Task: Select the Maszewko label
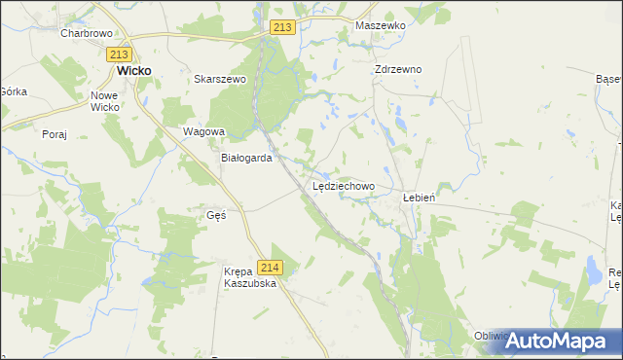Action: coord(380,26)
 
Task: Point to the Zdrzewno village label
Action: coord(398,70)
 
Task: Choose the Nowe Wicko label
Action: coord(104,101)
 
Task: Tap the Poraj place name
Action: coord(55,135)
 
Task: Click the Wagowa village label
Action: coord(204,131)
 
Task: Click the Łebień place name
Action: coord(419,196)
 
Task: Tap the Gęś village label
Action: coord(216,215)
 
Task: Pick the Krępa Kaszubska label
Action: coord(252,277)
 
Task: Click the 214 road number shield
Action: coord(271,268)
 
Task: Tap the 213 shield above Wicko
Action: coord(121,54)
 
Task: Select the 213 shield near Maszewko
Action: coord(282,28)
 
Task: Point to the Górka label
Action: coord(13,90)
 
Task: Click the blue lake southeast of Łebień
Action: coord(592,270)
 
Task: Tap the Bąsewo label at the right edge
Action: coord(610,77)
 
